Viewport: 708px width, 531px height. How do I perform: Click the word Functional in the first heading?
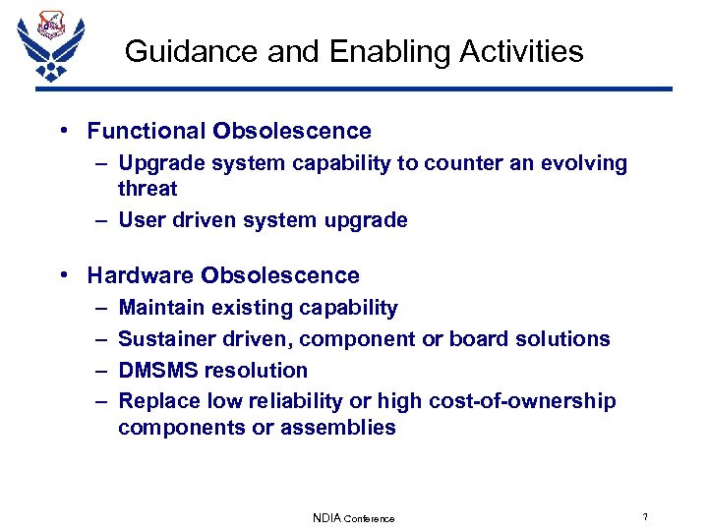pyautogui.click(x=144, y=131)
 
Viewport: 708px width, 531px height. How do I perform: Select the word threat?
pyautogui.click(x=147, y=189)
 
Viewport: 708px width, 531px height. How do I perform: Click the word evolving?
pyautogui.click(x=584, y=163)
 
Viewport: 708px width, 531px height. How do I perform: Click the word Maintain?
pyautogui.click(x=159, y=308)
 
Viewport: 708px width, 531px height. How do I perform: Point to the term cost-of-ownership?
pyautogui.click(x=530, y=401)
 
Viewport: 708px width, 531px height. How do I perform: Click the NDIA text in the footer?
pyautogui.click(x=326, y=518)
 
